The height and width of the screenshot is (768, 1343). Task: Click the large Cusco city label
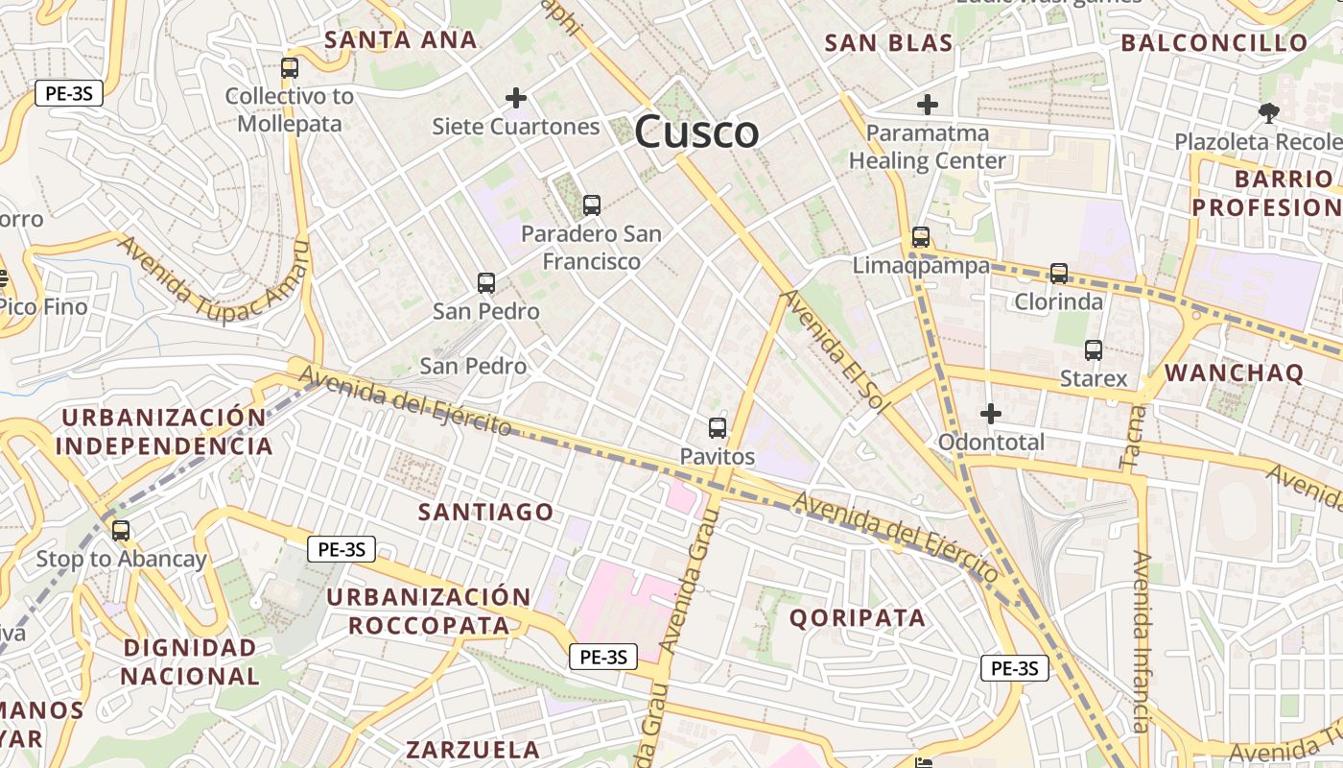696,132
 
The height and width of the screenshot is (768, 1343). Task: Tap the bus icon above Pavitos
718,428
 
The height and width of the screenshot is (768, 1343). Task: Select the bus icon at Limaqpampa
921,236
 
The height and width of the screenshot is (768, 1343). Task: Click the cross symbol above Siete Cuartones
516,97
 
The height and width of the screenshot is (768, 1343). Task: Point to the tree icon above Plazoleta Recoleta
1268,113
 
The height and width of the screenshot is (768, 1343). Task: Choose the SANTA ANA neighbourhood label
400,40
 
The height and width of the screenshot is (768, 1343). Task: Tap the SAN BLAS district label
888,43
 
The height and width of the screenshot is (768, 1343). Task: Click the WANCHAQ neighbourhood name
1234,372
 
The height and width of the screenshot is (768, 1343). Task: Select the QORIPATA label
858,618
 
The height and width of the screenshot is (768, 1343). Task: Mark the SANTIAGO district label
486,513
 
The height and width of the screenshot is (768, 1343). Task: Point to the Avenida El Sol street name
833,352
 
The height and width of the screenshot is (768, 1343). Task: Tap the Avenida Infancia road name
1141,641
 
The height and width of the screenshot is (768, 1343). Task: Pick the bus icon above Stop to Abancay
121,530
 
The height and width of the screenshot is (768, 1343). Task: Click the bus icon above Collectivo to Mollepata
290,68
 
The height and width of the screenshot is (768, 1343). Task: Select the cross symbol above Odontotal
991,414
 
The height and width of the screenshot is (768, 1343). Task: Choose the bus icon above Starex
1094,350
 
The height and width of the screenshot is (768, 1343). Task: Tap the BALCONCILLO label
1214,43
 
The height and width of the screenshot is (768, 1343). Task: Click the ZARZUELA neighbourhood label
473,750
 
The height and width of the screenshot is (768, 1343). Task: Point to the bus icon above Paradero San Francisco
592,204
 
